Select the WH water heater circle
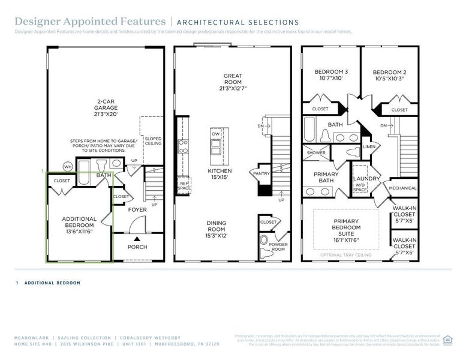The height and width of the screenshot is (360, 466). (68, 166)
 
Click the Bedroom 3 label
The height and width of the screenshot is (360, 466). (330, 75)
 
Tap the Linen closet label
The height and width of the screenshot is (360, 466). (369, 146)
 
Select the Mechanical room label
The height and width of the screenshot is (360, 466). (402, 188)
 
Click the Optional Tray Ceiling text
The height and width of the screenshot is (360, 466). (346, 255)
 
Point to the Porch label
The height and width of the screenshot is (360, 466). (137, 247)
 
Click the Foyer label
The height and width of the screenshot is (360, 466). (137, 210)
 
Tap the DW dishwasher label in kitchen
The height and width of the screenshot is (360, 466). (215, 134)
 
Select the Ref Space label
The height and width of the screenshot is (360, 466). (184, 187)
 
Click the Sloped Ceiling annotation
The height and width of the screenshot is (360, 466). (152, 141)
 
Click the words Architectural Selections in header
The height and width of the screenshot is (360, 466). (237, 23)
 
